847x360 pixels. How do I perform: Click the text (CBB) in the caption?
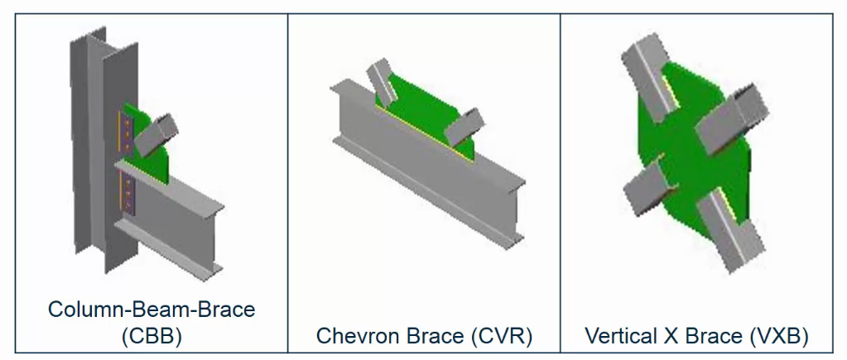pyautogui.click(x=152, y=336)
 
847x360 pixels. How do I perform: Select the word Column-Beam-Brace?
pyautogui.click(x=152, y=310)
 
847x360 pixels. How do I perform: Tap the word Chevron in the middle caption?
pyautogui.click(x=359, y=336)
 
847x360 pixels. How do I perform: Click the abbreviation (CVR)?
pyautogui.click(x=502, y=336)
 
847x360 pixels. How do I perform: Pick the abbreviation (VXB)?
pyautogui.click(x=779, y=336)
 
